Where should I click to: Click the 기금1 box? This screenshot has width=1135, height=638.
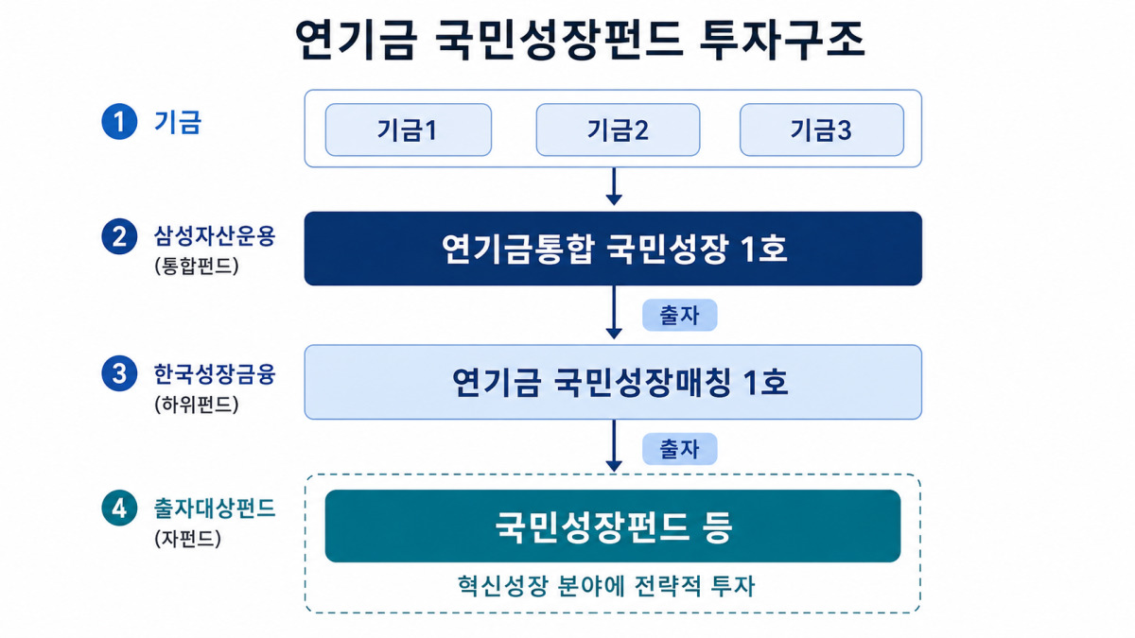[x=409, y=129]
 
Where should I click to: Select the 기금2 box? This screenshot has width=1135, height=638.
[x=619, y=129]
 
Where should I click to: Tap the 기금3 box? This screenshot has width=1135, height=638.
[x=822, y=129]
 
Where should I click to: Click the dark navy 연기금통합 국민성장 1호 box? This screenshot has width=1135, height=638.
[x=613, y=249]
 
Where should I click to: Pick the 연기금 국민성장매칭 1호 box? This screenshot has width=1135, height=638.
[x=613, y=382]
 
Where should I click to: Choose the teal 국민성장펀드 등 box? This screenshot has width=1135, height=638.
[x=613, y=526]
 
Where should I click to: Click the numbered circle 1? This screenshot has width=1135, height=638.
[x=119, y=122]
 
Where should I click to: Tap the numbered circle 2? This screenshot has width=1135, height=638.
[x=119, y=236]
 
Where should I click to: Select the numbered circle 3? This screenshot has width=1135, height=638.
[x=119, y=373]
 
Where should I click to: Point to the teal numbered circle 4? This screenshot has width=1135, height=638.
[x=119, y=508]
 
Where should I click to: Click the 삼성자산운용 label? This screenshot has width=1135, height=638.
[x=215, y=236]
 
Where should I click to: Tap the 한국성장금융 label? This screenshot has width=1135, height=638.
[x=215, y=374]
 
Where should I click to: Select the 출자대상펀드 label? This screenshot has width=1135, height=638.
[x=215, y=509]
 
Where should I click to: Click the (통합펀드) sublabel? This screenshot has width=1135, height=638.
[x=197, y=266]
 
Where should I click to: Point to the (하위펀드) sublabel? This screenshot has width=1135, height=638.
[x=197, y=405]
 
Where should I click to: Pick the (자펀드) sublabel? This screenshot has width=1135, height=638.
[x=188, y=538]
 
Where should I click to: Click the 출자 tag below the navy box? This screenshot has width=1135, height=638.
[x=680, y=315]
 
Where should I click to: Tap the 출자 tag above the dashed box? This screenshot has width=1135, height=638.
[x=680, y=449]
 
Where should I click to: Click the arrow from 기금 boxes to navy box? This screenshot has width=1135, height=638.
[x=614, y=186]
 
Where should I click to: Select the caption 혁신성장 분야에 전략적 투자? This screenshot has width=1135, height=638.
[x=606, y=586]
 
